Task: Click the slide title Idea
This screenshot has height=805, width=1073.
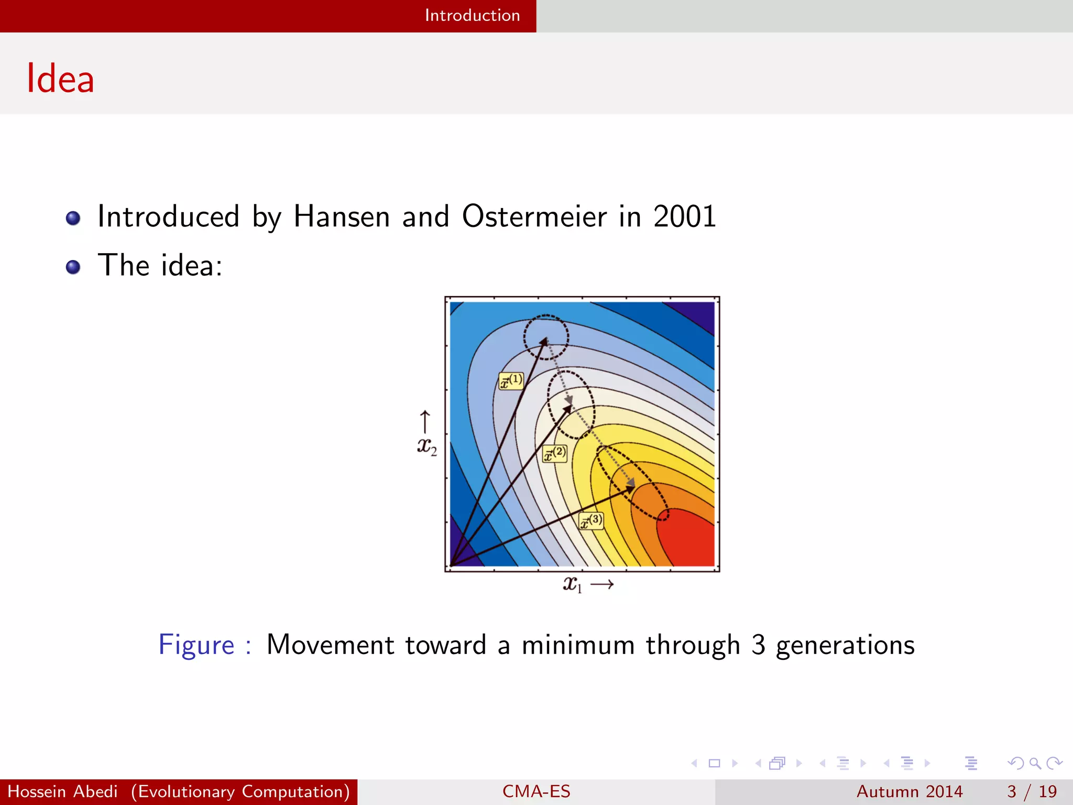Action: click(60, 79)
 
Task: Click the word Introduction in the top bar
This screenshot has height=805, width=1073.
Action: click(472, 15)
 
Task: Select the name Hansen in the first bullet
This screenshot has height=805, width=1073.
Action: click(342, 216)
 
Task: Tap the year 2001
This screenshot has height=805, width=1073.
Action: click(684, 216)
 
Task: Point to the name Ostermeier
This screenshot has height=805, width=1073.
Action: click(534, 216)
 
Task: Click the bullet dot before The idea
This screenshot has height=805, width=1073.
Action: click(73, 267)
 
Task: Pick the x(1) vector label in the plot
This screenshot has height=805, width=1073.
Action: click(511, 380)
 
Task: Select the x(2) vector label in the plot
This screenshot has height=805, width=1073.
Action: click(554, 453)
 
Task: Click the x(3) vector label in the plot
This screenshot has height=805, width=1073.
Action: click(590, 521)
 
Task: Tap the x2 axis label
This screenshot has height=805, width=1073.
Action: click(426, 447)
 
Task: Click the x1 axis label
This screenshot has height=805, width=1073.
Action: click(573, 584)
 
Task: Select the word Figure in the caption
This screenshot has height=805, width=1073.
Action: click(196, 645)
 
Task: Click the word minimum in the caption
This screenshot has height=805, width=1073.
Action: click(577, 645)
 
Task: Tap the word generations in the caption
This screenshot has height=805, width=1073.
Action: click(845, 645)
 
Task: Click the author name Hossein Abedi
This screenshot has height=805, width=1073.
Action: click(62, 791)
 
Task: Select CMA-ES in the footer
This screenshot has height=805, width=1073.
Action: click(536, 791)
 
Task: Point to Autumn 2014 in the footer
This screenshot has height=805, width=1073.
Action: click(909, 791)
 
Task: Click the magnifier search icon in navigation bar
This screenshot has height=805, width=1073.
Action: click(1035, 763)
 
